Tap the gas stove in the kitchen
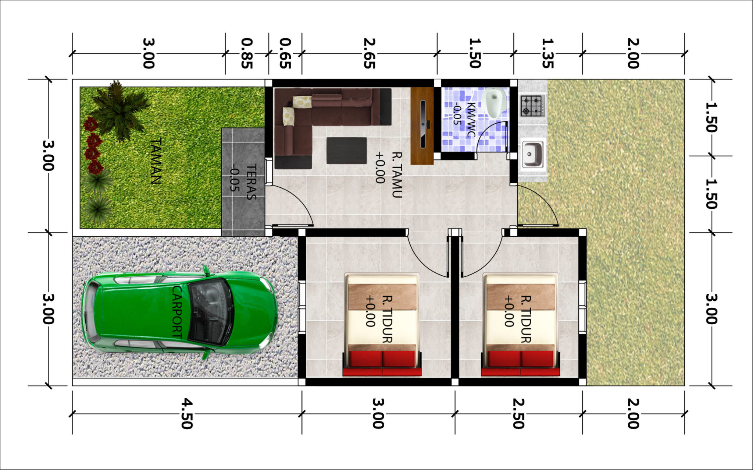532,106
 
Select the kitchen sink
532,154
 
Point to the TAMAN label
156,161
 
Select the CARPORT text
177,312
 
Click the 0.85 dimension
247,53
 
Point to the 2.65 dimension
369,53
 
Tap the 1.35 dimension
547,53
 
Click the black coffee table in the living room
346,150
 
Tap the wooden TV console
422,126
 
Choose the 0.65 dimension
285,53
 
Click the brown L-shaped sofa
324,121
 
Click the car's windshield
211,312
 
